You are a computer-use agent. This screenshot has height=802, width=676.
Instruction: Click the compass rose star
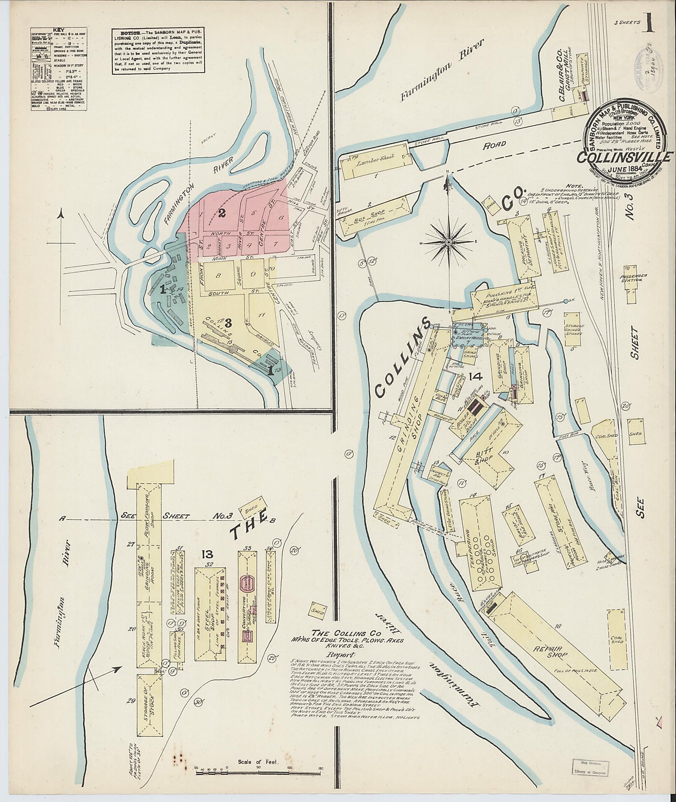click(448, 243)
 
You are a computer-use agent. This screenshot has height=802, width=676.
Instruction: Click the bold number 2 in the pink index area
click(221, 213)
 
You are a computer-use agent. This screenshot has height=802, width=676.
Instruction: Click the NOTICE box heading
click(123, 34)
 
